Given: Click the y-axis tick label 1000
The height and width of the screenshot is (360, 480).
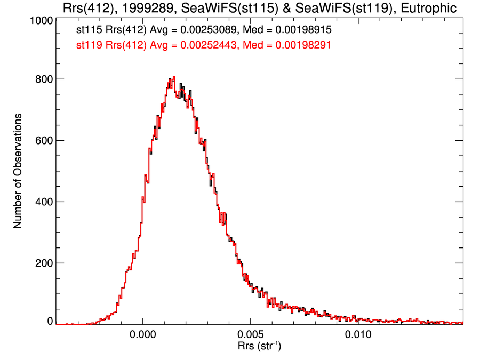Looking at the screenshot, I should (x=39, y=20).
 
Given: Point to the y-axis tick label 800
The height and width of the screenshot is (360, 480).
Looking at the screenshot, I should (x=42, y=79).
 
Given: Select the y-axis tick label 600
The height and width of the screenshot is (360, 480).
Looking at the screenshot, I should (x=42, y=141).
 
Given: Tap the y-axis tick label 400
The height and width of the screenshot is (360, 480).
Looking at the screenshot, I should (x=42, y=202).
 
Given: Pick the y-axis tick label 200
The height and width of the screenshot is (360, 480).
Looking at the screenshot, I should (x=42, y=263).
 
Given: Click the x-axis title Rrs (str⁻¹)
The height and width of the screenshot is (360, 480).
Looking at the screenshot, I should (x=259, y=347).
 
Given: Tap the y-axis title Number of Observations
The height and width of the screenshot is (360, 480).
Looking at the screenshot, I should (x=18, y=171).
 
